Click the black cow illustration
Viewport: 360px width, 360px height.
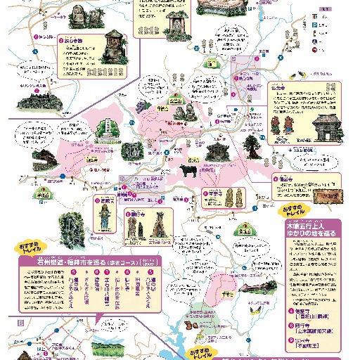(x=188, y=171)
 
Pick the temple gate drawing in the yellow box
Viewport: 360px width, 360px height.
(x=324, y=129)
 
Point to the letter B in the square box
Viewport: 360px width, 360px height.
(x=22, y=321)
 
